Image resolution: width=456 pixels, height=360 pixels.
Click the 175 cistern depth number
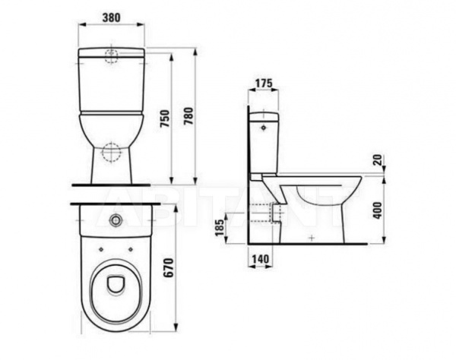(264, 83)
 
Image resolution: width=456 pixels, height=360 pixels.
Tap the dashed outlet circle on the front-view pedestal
(112, 152)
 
